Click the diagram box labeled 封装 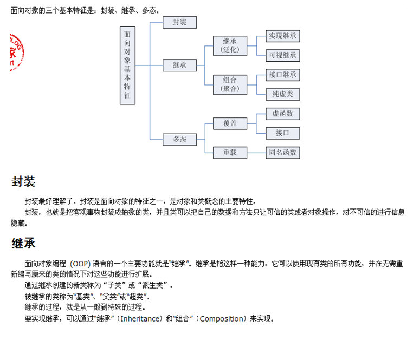click(x=180, y=22)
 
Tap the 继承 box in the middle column click(x=180, y=65)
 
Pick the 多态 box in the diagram click(x=180, y=139)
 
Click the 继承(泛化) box click(x=230, y=45)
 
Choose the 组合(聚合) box click(x=230, y=84)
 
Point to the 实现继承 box click(x=282, y=36)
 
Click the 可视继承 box click(x=282, y=55)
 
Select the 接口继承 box click(x=282, y=75)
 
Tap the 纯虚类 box click(x=282, y=94)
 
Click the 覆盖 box click(x=230, y=123)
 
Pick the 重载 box click(x=230, y=153)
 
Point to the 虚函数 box click(x=282, y=114)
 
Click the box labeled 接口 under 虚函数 click(x=282, y=133)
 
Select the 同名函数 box click(x=282, y=153)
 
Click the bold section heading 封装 click(x=23, y=182)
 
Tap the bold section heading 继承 click(x=23, y=244)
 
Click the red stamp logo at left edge click(x=16, y=52)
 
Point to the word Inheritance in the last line click(x=139, y=319)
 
